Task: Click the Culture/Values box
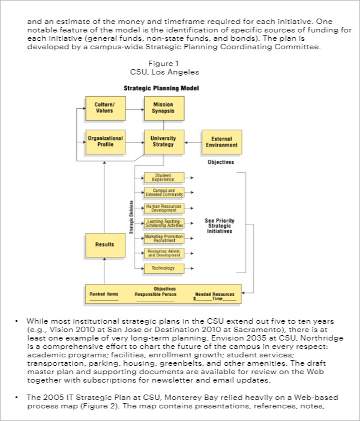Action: click(x=104, y=108)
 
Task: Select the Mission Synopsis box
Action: click(x=163, y=108)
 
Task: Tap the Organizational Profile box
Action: click(x=105, y=142)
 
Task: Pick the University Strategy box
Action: click(x=163, y=142)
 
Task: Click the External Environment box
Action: click(x=221, y=142)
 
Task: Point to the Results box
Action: click(x=104, y=244)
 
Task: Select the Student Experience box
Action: click(x=163, y=178)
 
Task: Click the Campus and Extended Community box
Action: click(x=163, y=193)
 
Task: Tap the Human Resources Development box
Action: click(x=163, y=208)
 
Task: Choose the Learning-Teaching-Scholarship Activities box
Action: click(x=163, y=223)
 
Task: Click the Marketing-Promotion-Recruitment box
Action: click(x=163, y=238)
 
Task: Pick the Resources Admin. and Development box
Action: click(x=163, y=253)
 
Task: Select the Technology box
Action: click(x=163, y=268)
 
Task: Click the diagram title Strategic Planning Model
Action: click(x=161, y=88)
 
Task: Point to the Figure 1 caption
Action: click(x=164, y=63)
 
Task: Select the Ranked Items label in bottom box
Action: click(x=104, y=294)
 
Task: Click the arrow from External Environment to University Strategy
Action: click(x=193, y=142)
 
